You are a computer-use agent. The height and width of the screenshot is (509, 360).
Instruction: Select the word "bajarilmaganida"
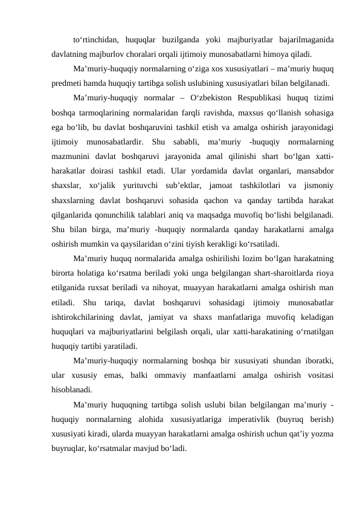[307, 41]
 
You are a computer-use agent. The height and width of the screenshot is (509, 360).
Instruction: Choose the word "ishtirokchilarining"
[86, 317]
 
